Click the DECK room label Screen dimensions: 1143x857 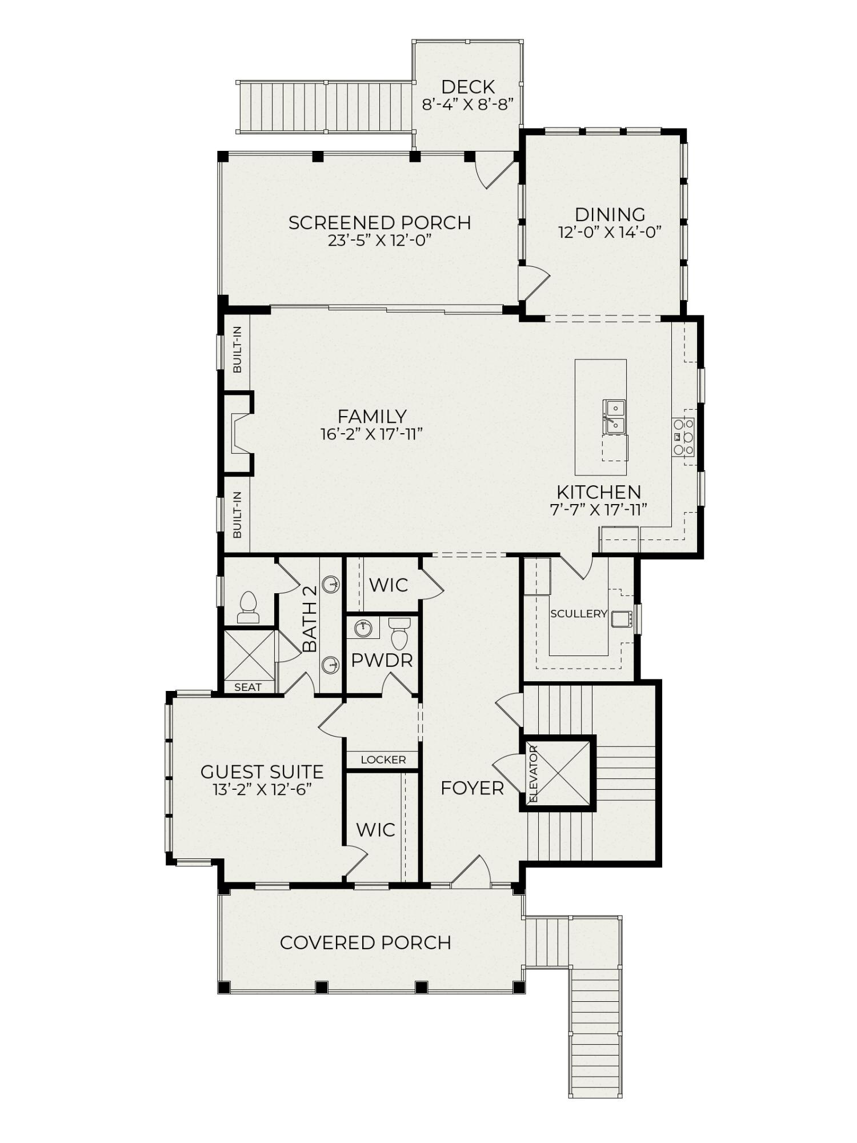click(467, 87)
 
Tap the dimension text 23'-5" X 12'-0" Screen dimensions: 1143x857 click(379, 241)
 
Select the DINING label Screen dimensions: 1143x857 click(610, 214)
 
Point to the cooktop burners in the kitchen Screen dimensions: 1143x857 click(684, 437)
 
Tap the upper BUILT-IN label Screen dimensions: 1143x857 click(238, 349)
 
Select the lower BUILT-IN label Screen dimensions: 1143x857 click(238, 514)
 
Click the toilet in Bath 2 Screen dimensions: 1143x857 click(248, 608)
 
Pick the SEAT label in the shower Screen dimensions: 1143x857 click(248, 688)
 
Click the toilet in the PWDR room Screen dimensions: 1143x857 click(399, 633)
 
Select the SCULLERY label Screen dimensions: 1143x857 click(578, 614)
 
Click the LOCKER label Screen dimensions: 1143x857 click(383, 760)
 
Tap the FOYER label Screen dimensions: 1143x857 click(472, 789)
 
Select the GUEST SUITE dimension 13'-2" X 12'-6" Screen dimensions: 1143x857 click(262, 790)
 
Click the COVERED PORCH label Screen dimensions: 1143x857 click(366, 942)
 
